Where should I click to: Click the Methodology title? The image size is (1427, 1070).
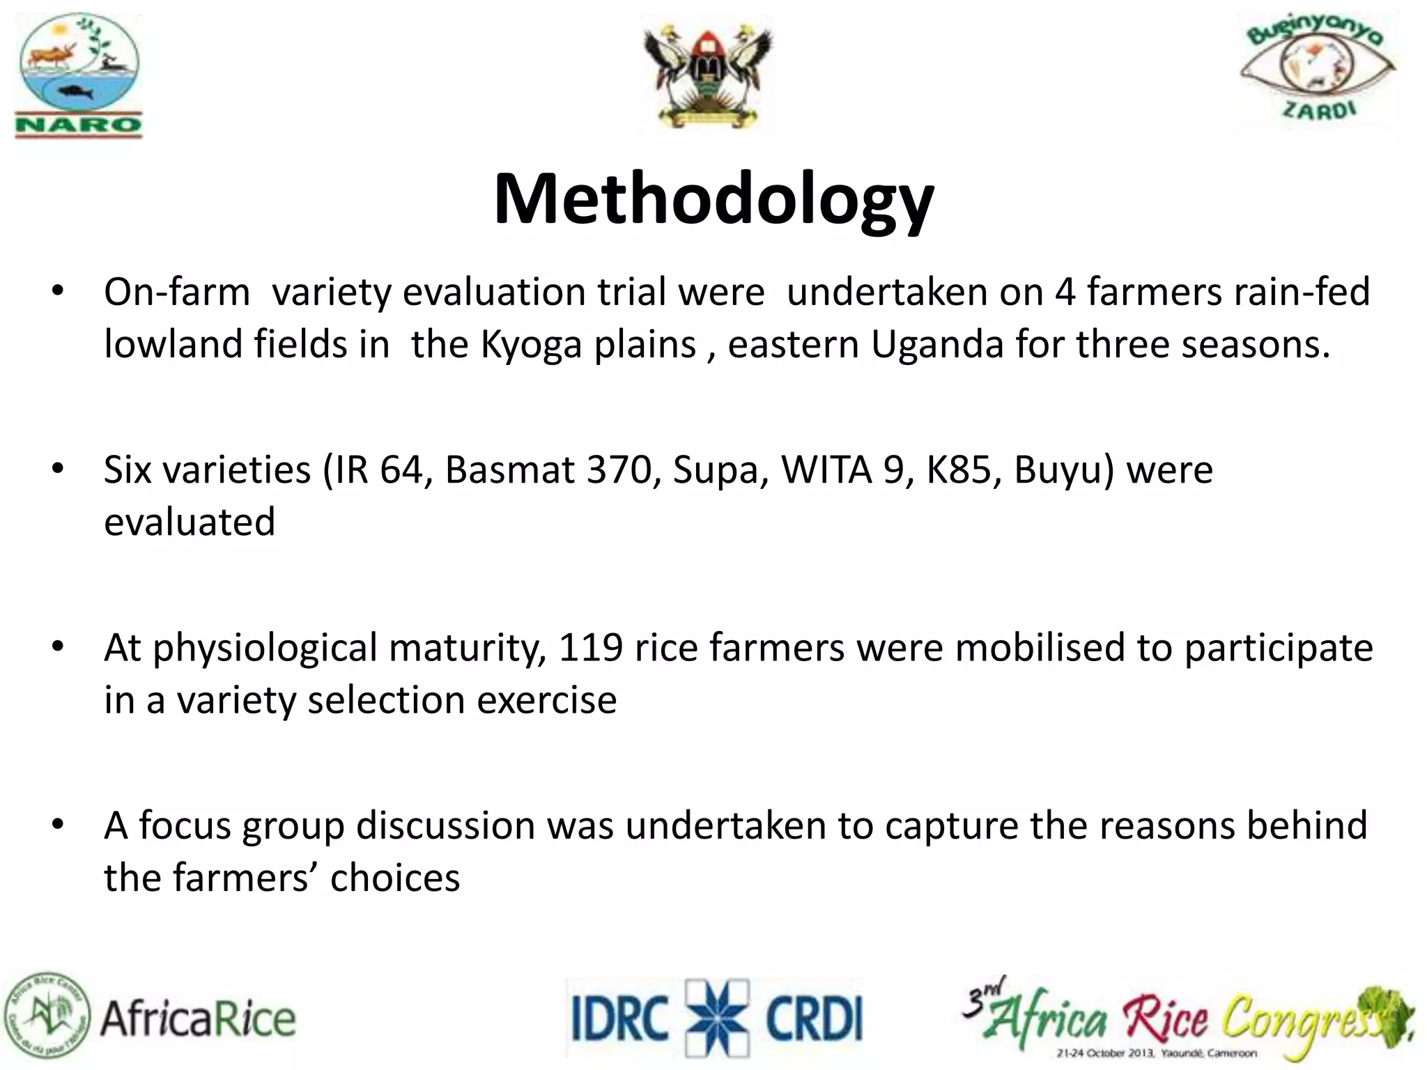tap(713, 200)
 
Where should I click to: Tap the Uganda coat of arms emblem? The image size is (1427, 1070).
tap(707, 75)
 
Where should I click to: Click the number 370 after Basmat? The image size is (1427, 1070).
tap(624, 470)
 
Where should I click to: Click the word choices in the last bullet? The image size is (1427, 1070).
tap(395, 878)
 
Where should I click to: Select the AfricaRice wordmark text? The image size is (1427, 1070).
tap(199, 1020)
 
